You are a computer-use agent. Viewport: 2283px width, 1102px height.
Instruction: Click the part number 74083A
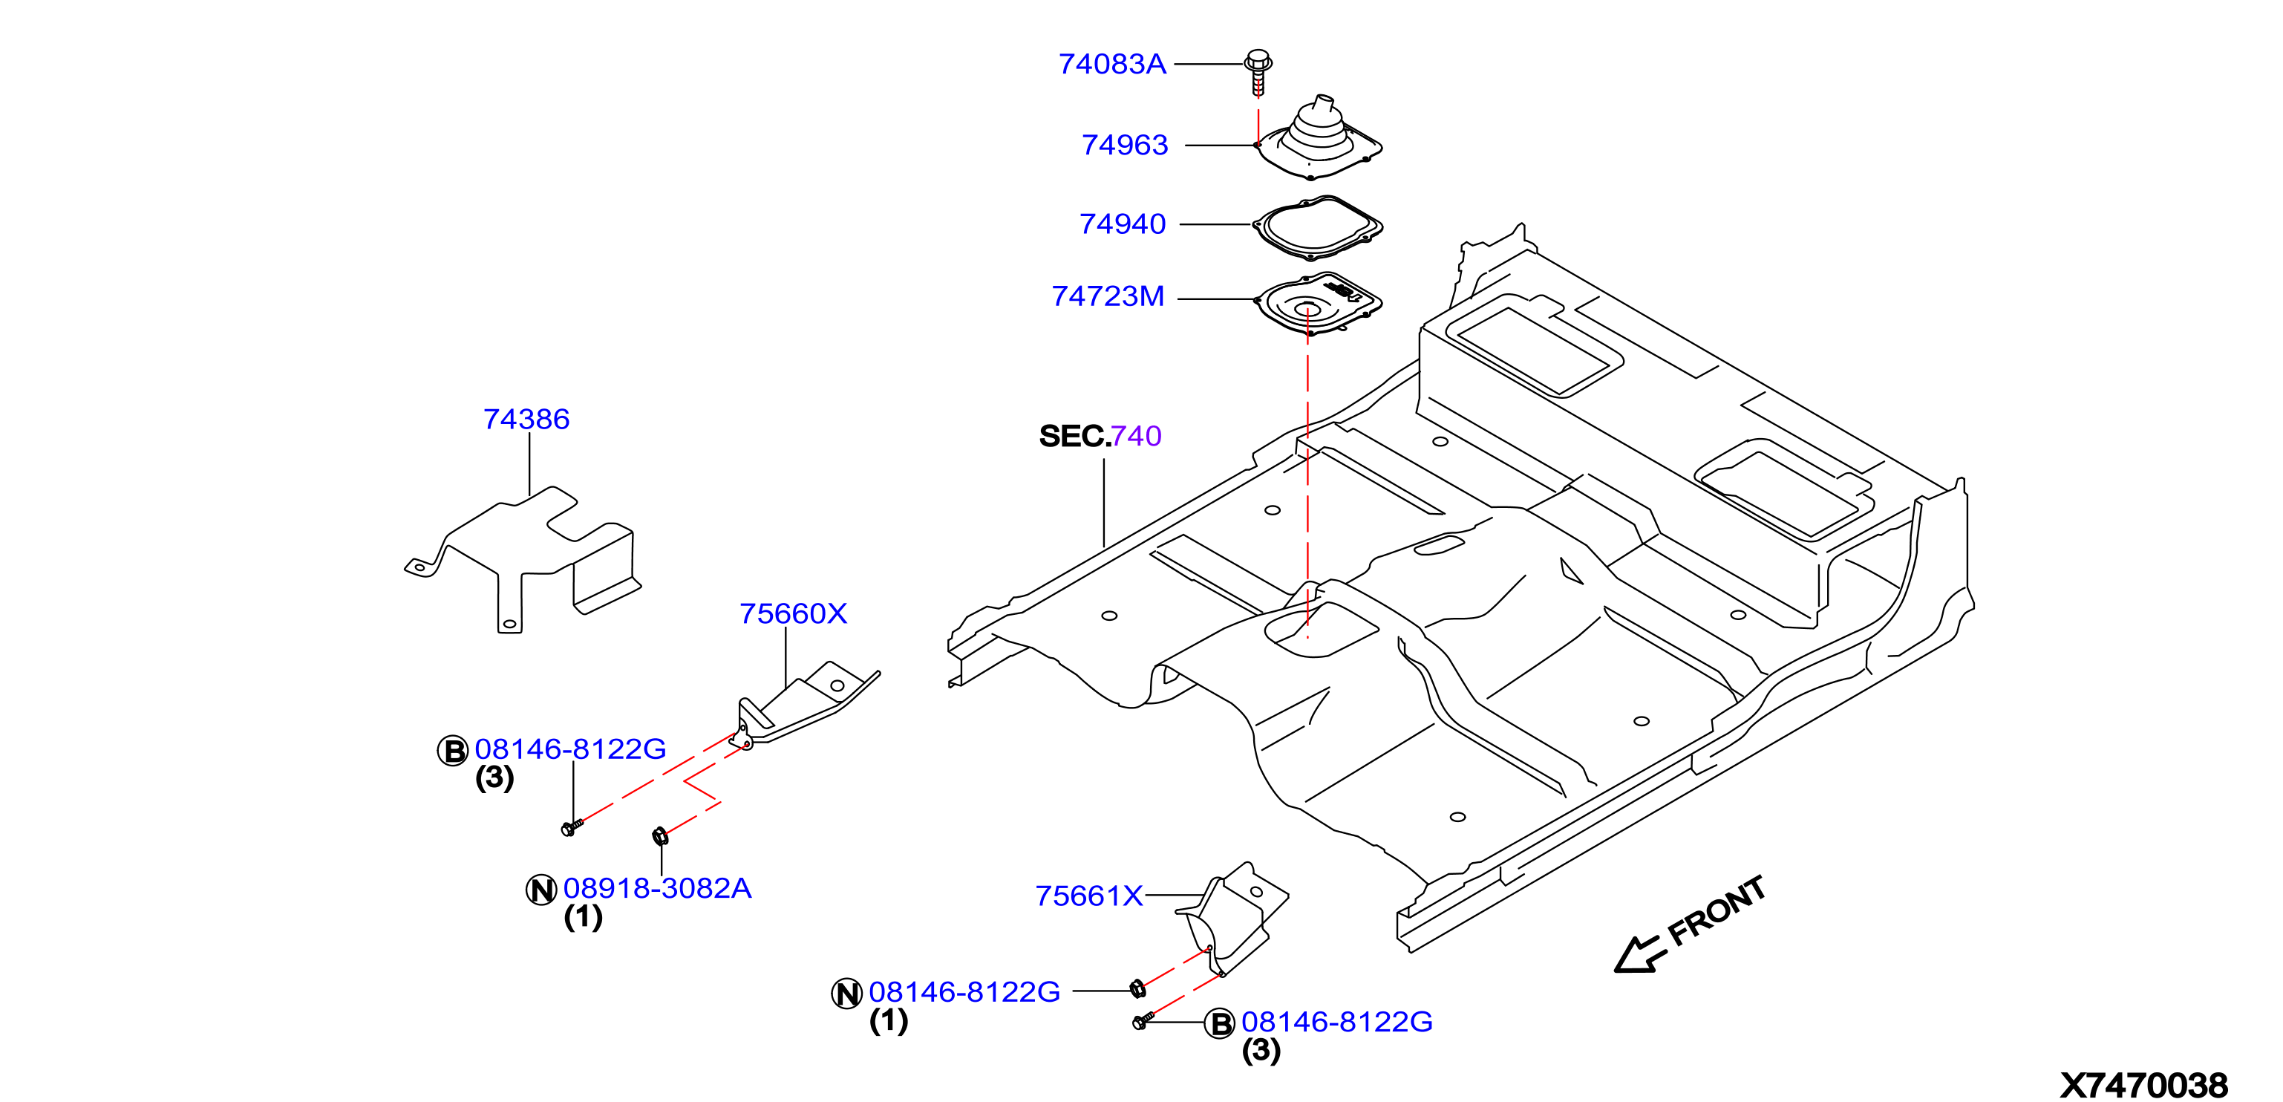click(1111, 64)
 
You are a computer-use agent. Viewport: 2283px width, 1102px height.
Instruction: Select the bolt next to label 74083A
click(1258, 72)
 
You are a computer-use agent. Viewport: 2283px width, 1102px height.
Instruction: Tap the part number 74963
click(1125, 145)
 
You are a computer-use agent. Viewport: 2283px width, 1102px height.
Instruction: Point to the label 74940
click(1122, 224)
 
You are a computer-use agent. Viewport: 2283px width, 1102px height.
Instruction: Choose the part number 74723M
click(1108, 296)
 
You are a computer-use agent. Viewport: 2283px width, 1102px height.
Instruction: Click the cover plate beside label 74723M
click(1318, 303)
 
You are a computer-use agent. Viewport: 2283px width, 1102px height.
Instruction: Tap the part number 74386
click(526, 419)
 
